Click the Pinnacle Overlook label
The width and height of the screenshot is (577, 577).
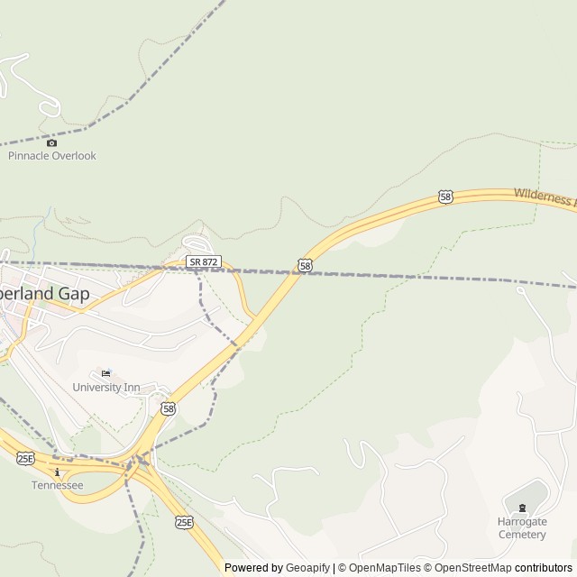(51, 156)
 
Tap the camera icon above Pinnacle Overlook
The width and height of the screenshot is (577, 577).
(51, 142)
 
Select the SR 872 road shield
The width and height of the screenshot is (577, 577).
(204, 261)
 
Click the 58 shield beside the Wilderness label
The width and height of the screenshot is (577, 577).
(445, 196)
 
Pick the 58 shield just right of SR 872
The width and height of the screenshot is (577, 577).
(305, 265)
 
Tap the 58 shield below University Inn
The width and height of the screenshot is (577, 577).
(168, 408)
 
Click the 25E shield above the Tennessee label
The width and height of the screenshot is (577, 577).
(25, 458)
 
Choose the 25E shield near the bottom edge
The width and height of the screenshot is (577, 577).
(183, 522)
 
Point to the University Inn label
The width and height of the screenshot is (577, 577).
(106, 388)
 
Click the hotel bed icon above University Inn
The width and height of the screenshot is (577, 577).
(105, 374)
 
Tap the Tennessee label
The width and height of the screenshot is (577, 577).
(57, 485)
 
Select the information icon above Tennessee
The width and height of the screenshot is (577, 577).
(57, 472)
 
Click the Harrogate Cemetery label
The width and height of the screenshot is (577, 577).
(522, 528)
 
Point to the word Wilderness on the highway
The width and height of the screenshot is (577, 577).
(544, 197)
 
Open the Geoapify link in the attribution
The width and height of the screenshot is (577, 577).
(307, 568)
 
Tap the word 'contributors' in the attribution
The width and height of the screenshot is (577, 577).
(544, 568)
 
